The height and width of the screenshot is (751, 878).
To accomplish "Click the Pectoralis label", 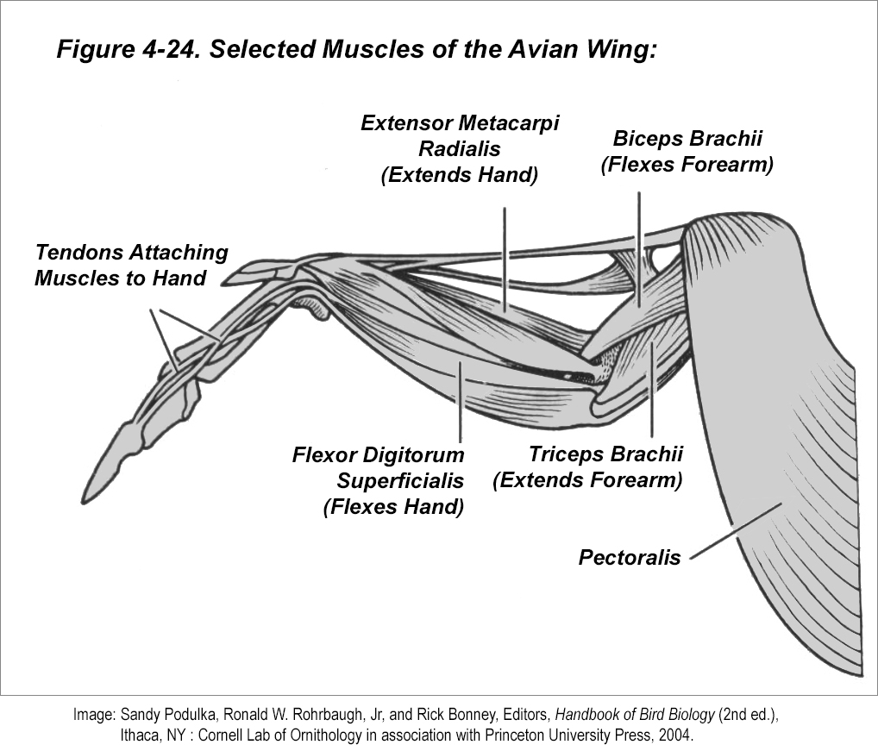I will [x=629, y=557].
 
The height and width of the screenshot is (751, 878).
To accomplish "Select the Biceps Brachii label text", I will [x=687, y=139].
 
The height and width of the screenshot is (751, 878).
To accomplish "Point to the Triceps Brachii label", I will [x=605, y=454].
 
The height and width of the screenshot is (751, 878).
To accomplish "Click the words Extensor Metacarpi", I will [x=460, y=122].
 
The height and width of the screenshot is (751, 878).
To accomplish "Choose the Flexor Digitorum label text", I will [x=378, y=454].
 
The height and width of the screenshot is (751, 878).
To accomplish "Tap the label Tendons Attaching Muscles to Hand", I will [x=131, y=266].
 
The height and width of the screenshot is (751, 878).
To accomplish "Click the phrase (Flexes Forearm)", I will [x=687, y=164].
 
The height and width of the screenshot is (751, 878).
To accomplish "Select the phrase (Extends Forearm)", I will [x=587, y=480].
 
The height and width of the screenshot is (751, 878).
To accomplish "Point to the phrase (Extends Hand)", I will [x=459, y=174].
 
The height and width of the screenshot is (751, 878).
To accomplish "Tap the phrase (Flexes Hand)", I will [x=393, y=506].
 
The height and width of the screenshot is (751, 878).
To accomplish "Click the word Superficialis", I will [x=400, y=480].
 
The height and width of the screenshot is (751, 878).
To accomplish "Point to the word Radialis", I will [x=460, y=148].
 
